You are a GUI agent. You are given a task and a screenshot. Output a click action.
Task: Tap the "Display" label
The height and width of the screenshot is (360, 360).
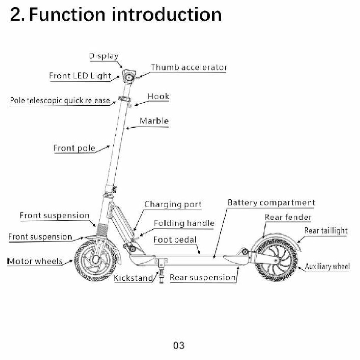click(x=103, y=56)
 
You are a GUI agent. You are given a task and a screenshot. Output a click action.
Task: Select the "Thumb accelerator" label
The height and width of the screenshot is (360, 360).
click(x=189, y=67)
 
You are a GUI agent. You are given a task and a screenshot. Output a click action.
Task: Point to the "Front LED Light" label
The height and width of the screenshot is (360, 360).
click(x=80, y=76)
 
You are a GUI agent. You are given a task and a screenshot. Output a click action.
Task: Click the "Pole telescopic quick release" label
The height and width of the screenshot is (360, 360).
click(x=60, y=100)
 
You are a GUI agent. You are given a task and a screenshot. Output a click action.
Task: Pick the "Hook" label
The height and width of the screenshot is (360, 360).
click(x=158, y=96)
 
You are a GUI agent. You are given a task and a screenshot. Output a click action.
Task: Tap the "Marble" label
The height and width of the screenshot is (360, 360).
click(x=154, y=121)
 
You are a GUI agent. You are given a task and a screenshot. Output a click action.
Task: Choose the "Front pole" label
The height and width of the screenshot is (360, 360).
click(x=74, y=148)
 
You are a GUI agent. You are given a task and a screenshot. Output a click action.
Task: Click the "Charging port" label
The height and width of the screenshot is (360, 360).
click(x=173, y=205)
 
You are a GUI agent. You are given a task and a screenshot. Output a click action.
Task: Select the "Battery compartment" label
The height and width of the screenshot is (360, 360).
click(x=271, y=203)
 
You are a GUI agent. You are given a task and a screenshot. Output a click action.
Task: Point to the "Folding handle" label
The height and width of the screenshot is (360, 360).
click(x=184, y=224)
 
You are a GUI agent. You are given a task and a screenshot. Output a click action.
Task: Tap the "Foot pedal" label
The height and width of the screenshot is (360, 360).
click(x=175, y=240)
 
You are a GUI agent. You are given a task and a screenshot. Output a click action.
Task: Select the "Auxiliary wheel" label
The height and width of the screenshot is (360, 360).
click(x=327, y=266)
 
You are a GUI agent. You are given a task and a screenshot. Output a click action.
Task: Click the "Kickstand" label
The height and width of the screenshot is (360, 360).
click(x=133, y=278)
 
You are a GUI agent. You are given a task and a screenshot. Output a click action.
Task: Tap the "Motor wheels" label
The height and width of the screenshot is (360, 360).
click(x=35, y=261)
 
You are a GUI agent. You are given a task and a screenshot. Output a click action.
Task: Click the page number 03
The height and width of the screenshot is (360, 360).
click(x=178, y=345)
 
